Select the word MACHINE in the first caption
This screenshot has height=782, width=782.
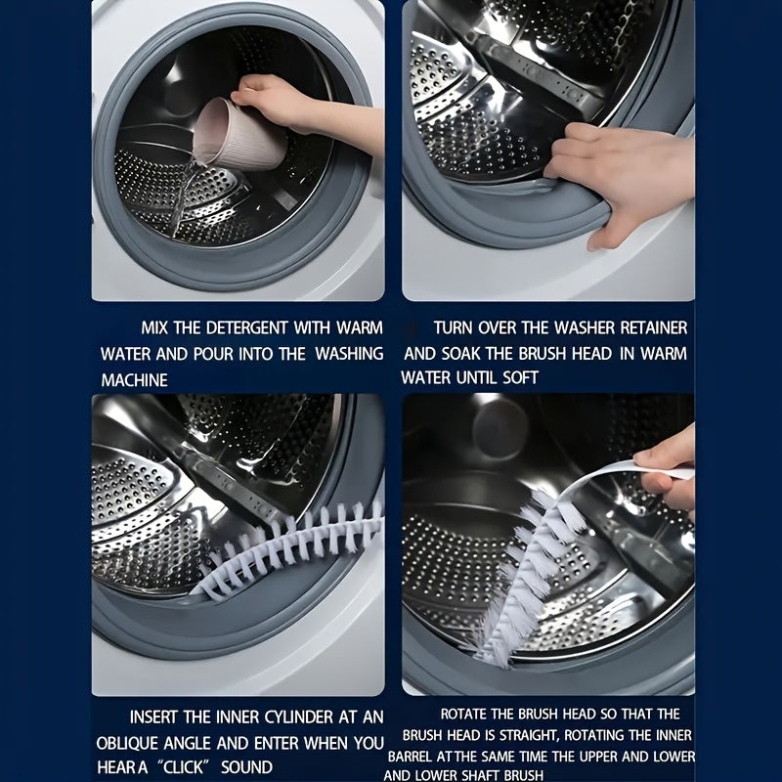[134, 380]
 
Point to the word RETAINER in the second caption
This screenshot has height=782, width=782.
[653, 328]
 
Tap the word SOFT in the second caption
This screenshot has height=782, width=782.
[521, 377]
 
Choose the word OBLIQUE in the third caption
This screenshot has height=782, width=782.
[128, 743]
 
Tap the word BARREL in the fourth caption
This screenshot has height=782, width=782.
[411, 757]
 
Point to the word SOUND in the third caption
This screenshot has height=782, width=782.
[246, 767]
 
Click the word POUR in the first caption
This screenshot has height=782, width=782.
[213, 354]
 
